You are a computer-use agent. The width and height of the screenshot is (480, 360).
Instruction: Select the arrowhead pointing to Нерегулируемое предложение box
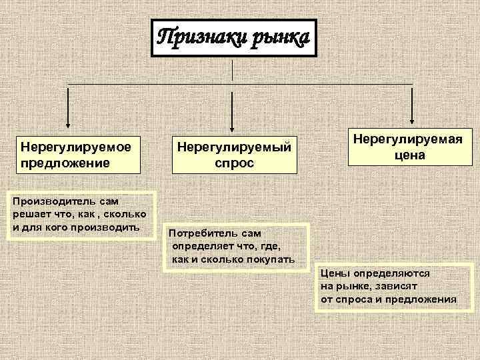(x=68, y=126)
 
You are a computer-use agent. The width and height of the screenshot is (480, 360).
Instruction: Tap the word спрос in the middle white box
(x=233, y=162)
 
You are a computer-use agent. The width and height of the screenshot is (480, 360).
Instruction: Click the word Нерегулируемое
(x=75, y=145)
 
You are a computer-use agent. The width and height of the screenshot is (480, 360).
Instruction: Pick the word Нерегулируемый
(x=233, y=145)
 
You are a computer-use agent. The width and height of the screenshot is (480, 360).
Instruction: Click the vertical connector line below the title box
(x=231, y=70)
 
